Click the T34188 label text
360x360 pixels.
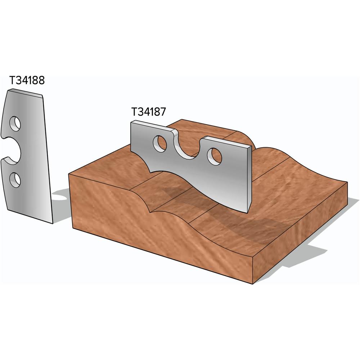pyautogui.click(x=27, y=81)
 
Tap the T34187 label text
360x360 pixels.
pyautogui.click(x=148, y=112)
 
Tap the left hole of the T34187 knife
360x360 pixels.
pyautogui.click(x=160, y=143)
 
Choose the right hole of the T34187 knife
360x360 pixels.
pyautogui.click(x=215, y=156)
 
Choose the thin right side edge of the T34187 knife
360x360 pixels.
pyautogui.click(x=249, y=180)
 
